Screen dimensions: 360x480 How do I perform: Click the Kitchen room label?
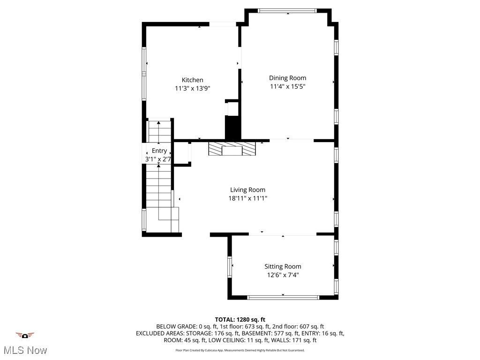coord(192,80)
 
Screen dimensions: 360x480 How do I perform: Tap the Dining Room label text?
coord(287,78)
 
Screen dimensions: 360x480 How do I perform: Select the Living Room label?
coord(247,190)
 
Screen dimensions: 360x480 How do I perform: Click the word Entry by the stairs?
coord(159,150)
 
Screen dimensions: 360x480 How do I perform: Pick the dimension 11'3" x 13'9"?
coord(192,88)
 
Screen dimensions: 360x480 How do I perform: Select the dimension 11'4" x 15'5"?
coord(287,86)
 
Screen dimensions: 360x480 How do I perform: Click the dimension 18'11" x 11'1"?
coord(247,198)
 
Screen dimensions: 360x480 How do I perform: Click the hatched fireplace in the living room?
coord(232,149)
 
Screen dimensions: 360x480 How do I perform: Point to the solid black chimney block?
coord(232,127)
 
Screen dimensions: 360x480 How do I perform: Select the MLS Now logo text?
coord(25,350)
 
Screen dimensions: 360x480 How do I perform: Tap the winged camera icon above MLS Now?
coord(25,335)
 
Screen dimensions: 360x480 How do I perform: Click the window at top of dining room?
coord(287,10)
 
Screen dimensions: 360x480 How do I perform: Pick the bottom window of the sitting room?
coord(283,297)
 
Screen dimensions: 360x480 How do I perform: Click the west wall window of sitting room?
coord(230,267)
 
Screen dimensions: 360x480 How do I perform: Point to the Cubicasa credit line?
coord(240,350)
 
